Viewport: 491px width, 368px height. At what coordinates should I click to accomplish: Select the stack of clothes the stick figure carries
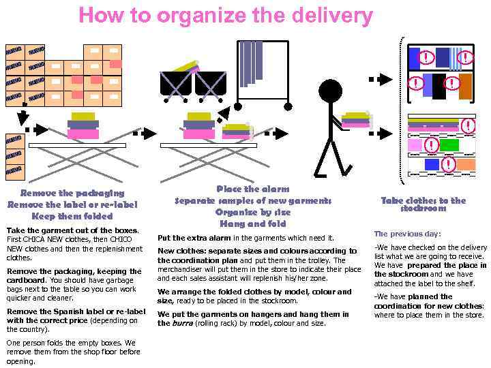[356, 119]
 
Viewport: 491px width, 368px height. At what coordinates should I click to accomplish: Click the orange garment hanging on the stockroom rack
[465, 87]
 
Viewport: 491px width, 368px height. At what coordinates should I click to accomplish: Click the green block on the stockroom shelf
[449, 145]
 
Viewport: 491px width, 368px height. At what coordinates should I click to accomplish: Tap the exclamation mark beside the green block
[430, 145]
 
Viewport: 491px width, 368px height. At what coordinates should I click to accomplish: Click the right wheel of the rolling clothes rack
[288, 106]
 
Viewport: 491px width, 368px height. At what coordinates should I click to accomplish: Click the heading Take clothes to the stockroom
[423, 204]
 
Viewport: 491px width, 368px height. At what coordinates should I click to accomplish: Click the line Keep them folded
[72, 216]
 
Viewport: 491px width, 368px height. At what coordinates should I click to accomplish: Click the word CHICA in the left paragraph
[34, 240]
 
